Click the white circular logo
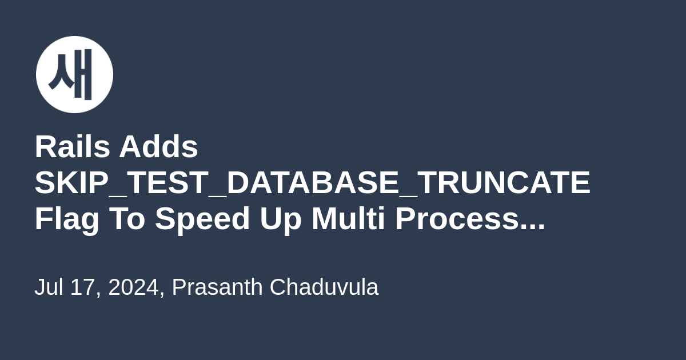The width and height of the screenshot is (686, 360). coord(74,74)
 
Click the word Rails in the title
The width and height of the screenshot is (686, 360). coord(73,147)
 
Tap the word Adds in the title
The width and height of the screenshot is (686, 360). coord(159,147)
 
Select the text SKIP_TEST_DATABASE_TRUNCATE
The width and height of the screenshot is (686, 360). coord(312,183)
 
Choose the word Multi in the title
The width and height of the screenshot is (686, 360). coord(348,218)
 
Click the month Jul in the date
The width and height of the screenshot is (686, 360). coord(49,287)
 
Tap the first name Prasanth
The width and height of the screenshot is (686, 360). coord(217,287)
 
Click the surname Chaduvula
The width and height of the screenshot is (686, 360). coord(324,287)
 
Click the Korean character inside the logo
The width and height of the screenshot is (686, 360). coord(70,74)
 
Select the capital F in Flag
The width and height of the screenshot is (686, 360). coord(45,218)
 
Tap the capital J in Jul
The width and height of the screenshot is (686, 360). coord(40,287)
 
